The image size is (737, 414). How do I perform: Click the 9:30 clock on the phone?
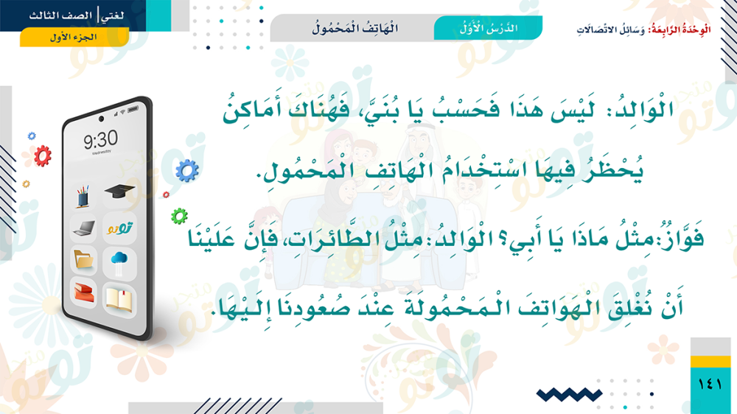pos(100,139)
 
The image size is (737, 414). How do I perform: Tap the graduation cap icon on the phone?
pos(119,191)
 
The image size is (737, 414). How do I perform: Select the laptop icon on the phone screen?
pos(85,228)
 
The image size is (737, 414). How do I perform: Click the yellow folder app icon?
pos(84,259)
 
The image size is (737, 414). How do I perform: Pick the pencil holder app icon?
pos(83,196)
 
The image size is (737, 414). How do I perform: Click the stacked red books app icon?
pos(84,291)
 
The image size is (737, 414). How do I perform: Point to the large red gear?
pos(42,156)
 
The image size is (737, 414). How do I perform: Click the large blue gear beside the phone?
pos(187,171)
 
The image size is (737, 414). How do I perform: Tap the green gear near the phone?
pos(179,216)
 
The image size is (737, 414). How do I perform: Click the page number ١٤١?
pos(710,384)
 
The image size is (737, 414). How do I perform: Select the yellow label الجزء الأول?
pos(74,37)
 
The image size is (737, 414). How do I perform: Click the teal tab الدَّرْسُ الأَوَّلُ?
pos(488,28)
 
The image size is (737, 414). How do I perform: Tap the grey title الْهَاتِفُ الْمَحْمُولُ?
pos(355,28)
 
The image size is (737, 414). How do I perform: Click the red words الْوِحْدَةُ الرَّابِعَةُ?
pos(680,29)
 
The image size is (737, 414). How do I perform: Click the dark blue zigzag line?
pos(569,395)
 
